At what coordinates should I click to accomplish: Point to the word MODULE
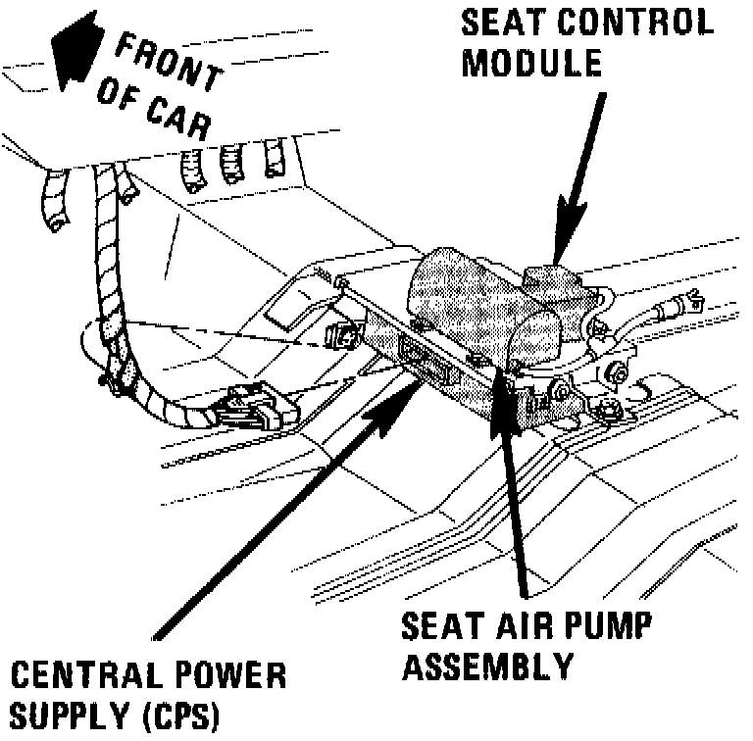[531, 63]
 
